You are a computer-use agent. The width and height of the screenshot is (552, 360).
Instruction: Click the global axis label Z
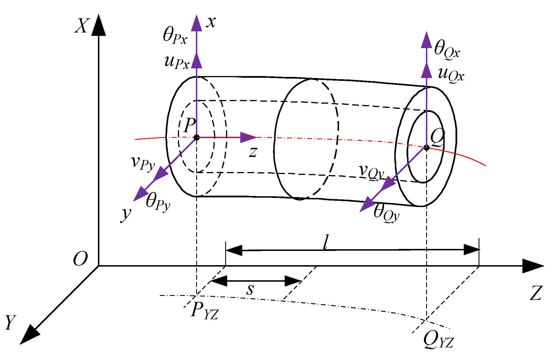[x=536, y=293]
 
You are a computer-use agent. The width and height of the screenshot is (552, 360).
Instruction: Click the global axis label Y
[x=11, y=323]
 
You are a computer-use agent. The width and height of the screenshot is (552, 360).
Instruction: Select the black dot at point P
[x=196, y=138]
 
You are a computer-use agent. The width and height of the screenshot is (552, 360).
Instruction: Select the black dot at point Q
[x=426, y=148]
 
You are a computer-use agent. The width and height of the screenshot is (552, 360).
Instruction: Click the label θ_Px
[x=175, y=36]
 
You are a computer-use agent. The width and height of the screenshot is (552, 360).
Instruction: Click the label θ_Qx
[x=447, y=50]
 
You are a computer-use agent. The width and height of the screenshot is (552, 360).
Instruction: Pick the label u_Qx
[x=451, y=75]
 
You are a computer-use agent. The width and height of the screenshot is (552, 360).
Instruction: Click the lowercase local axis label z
[x=253, y=152]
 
